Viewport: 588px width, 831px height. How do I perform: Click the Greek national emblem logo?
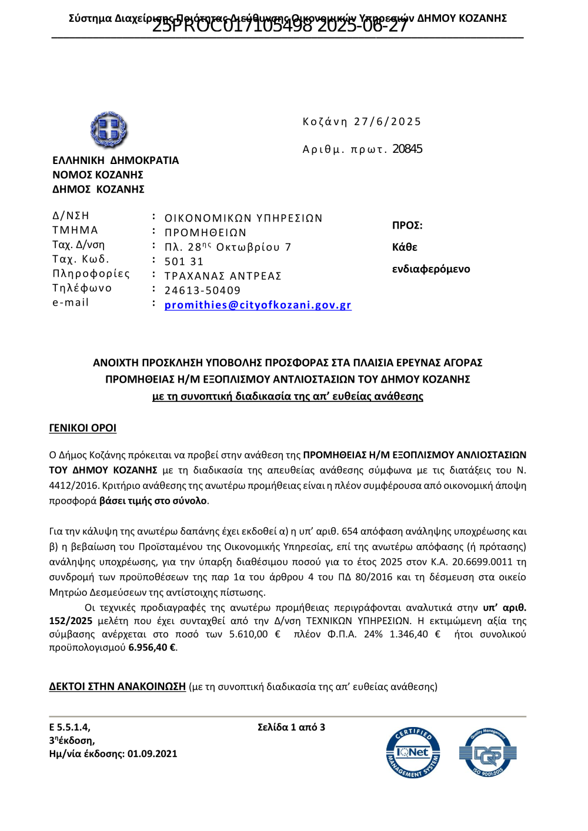click(109, 129)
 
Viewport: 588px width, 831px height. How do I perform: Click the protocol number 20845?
click(407, 149)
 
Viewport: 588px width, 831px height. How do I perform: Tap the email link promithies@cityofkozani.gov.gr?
click(258, 305)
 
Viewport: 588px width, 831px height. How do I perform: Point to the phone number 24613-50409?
click(202, 290)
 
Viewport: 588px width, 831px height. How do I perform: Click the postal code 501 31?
click(183, 262)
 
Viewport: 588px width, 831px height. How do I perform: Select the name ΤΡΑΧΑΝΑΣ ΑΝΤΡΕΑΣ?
click(223, 276)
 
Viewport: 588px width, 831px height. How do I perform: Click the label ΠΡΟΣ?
click(407, 226)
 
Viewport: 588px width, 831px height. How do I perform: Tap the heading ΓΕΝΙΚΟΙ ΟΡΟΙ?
click(82, 428)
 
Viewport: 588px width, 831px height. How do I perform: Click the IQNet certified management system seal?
click(413, 753)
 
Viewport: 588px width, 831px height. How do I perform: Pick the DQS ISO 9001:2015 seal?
click(487, 753)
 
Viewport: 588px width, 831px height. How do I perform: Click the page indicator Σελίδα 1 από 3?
click(291, 727)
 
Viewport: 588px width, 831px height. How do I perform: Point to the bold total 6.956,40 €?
click(152, 648)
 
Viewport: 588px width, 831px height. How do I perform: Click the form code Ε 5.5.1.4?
click(69, 727)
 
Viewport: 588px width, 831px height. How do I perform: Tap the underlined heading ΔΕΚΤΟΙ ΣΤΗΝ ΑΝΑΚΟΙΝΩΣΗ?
click(117, 686)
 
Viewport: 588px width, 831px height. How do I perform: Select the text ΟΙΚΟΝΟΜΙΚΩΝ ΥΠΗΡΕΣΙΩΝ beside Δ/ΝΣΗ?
click(243, 219)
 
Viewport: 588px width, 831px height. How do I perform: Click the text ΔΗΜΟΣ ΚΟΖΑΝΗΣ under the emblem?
click(98, 189)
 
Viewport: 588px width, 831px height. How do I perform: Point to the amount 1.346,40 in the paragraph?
click(409, 634)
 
